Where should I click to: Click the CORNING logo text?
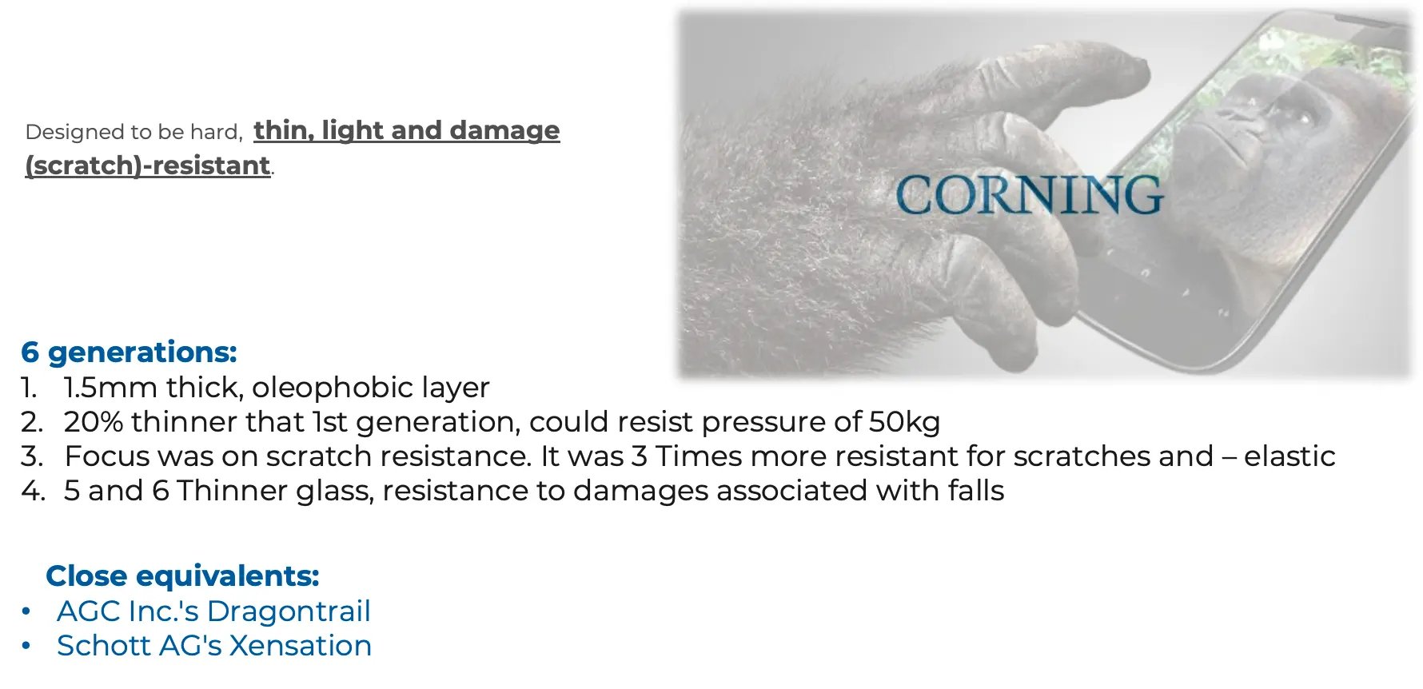tap(1029, 194)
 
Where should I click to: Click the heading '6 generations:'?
tap(130, 352)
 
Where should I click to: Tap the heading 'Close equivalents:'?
tap(182, 575)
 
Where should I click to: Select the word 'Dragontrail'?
tap(289, 611)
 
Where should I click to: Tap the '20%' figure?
tap(94, 422)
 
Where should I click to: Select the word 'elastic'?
tap(1289, 456)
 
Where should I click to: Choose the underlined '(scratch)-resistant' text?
tap(148, 165)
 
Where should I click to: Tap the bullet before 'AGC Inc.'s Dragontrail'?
tap(26, 611)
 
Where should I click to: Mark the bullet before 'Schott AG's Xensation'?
tap(26, 646)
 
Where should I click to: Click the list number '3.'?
tap(32, 456)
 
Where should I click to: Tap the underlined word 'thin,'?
tap(284, 129)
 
